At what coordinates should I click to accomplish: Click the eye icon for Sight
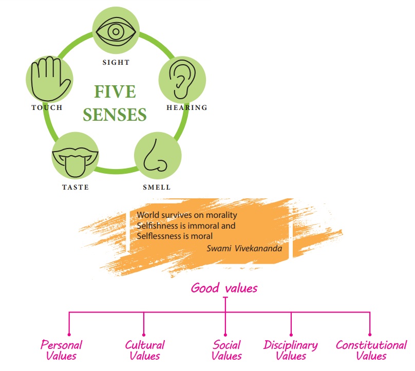116,32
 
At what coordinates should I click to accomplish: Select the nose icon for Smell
156,156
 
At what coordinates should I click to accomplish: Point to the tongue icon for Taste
76,157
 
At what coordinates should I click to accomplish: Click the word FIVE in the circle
115,92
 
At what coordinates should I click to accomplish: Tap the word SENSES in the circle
115,115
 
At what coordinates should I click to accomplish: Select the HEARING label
186,108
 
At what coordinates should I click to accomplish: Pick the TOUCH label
47,108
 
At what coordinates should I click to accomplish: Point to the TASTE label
76,188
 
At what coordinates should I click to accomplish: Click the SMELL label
156,188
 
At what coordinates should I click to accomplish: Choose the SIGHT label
116,63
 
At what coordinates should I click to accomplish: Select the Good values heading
224,288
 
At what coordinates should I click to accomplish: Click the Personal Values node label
61,350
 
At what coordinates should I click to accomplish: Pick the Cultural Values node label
145,350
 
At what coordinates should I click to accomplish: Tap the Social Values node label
227,350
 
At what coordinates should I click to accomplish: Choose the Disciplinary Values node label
291,350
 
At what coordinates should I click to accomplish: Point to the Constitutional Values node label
371,350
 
